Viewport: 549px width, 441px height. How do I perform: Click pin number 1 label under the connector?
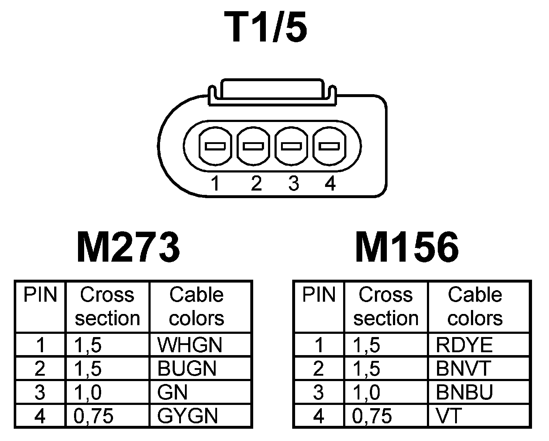pyautogui.click(x=216, y=183)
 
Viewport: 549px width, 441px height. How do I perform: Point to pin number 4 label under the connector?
pyautogui.click(x=330, y=183)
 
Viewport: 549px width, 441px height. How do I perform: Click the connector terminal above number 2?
pyautogui.click(x=254, y=146)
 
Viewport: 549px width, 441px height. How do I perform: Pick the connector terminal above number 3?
pyautogui.click(x=291, y=146)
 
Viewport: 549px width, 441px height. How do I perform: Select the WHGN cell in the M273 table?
pyautogui.click(x=190, y=345)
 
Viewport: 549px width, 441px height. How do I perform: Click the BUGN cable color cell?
pyautogui.click(x=187, y=368)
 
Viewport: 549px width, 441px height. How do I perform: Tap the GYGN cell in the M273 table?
pyautogui.click(x=188, y=416)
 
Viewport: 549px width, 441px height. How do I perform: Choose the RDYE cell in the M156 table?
pyautogui.click(x=464, y=345)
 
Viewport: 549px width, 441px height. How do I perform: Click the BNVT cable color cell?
pyautogui.click(x=463, y=368)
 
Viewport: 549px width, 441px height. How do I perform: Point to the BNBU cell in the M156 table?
pyautogui.click(x=464, y=392)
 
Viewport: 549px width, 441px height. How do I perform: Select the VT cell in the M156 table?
pyautogui.click(x=449, y=416)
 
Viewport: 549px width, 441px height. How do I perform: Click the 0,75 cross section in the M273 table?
pyautogui.click(x=94, y=416)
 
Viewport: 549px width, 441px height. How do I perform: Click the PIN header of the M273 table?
pyautogui.click(x=40, y=295)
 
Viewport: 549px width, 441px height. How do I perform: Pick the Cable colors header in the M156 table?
pyautogui.click(x=475, y=306)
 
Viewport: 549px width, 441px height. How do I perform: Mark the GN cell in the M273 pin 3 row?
pyautogui.click(x=173, y=392)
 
